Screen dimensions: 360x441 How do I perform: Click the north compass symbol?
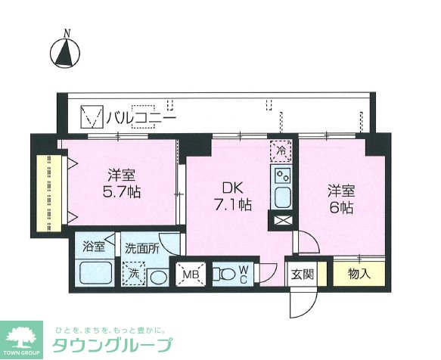pyautogui.click(x=67, y=52)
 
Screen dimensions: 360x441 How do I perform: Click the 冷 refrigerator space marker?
pyautogui.click(x=280, y=151)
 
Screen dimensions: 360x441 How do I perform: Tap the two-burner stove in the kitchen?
pyautogui.click(x=282, y=177)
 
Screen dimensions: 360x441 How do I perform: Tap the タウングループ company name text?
pyautogui.click(x=113, y=346)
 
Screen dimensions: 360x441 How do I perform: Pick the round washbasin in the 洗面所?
pyautogui.click(x=157, y=275)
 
